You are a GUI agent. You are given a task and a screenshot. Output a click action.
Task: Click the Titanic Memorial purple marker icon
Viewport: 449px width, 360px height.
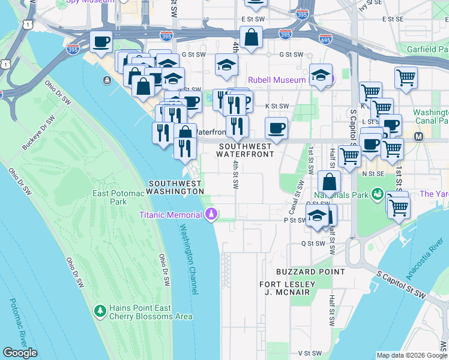(211, 214)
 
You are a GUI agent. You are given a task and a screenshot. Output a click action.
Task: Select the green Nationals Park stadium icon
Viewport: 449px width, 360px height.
(377, 194)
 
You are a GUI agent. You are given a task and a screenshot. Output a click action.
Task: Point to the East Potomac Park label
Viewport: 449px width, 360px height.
(117, 197)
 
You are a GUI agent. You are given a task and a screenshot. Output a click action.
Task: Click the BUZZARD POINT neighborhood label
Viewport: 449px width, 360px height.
(310, 272)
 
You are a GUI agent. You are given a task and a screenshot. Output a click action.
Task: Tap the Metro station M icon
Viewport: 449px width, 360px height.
(419, 137)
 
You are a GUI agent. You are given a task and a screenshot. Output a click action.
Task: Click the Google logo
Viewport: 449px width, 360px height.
(20, 353)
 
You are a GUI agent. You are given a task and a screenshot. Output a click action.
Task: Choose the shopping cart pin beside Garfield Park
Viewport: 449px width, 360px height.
(406, 78)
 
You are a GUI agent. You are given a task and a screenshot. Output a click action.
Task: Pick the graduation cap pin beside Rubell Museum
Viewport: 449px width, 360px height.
(321, 76)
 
